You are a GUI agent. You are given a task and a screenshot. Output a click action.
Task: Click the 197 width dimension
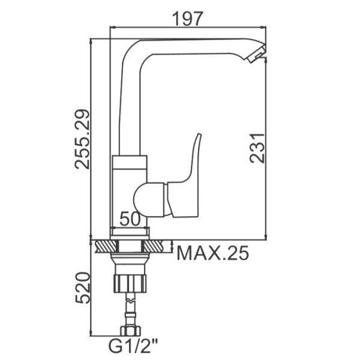[188, 19]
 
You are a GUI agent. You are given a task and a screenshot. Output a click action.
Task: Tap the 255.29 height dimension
[82, 139]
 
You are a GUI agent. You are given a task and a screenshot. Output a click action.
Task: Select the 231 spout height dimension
[257, 148]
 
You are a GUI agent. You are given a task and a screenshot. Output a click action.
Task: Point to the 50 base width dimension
[130, 218]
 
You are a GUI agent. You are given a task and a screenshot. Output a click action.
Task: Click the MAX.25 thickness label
[212, 253]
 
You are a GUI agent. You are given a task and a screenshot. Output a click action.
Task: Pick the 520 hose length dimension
[82, 288]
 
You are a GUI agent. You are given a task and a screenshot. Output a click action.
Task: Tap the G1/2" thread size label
[133, 346]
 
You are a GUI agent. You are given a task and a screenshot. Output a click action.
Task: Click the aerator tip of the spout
[257, 53]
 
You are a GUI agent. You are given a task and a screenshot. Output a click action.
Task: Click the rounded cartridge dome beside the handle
[149, 199]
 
